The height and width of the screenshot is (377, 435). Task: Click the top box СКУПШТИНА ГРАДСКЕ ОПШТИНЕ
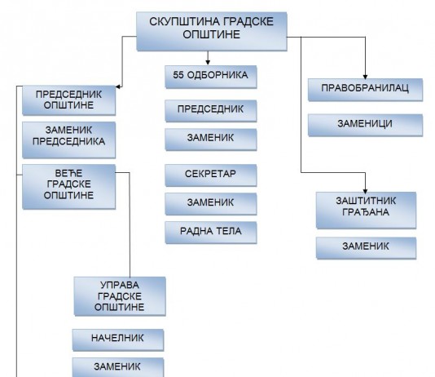coord(212,31)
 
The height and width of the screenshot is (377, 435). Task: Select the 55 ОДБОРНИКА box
coord(211,77)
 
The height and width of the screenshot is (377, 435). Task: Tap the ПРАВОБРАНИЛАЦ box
coord(365,90)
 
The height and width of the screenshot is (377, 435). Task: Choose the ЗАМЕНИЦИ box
coord(365,125)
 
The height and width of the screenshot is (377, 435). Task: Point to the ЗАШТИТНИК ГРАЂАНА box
coord(366,211)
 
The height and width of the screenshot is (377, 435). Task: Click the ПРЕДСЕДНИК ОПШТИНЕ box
coord(68,100)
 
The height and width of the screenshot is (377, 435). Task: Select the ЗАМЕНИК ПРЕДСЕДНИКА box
coord(68,140)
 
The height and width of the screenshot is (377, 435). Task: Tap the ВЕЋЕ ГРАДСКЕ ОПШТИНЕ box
coord(68,186)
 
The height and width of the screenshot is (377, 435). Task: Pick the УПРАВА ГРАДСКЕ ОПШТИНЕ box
coord(120,296)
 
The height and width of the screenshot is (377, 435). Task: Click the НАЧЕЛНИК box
coord(118,340)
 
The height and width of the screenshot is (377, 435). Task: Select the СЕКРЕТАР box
coord(211,175)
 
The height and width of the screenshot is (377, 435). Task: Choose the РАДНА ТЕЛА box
coord(211,233)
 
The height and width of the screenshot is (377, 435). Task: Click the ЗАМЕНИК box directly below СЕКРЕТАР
coord(211,204)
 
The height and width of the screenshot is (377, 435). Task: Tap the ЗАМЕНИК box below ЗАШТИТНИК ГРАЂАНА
coord(366,248)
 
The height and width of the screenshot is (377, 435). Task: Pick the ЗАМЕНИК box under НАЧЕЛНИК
coord(118,367)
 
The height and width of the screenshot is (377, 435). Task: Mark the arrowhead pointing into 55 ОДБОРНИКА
coord(208,62)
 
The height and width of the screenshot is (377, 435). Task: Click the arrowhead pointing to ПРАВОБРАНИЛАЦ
coord(365,77)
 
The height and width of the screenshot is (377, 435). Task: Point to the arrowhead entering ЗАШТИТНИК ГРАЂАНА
coord(365,191)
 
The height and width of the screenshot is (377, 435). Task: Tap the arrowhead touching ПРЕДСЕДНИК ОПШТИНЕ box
coord(118,86)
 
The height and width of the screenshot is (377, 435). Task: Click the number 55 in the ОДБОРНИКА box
coord(178,75)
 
